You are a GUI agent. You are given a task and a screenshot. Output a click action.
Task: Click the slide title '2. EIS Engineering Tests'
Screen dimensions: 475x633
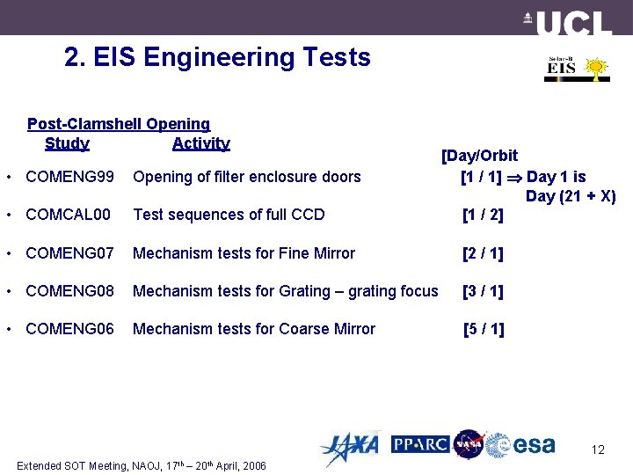[217, 58]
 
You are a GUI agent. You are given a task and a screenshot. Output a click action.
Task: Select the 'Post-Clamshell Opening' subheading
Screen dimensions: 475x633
[119, 125]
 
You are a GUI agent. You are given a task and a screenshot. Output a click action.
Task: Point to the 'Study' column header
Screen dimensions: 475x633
[67, 143]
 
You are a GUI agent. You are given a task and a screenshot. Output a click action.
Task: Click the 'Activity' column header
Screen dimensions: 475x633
[201, 143]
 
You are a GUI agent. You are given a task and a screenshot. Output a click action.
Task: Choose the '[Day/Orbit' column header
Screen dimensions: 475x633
[479, 156]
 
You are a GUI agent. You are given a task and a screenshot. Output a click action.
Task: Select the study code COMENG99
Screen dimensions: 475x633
[70, 177]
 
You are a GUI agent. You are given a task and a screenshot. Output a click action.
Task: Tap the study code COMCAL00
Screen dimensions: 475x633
[69, 215]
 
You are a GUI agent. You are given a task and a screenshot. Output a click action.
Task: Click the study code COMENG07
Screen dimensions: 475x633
[70, 253]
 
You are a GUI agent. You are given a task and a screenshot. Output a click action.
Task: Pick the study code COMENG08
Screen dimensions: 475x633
[70, 291]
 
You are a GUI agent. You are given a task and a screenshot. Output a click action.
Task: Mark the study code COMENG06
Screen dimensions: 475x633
[70, 329]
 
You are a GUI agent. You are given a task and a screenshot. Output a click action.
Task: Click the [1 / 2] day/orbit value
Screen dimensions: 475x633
[483, 215]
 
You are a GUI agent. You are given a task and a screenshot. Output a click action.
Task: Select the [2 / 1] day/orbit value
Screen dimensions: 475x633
[483, 253]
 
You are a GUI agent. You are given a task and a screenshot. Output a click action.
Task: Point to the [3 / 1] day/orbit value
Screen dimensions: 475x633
[483, 291]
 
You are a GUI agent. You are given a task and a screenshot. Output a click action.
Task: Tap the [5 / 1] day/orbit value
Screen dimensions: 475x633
[484, 329]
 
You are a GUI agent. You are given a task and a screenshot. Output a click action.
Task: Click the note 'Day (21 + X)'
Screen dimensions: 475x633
[571, 196]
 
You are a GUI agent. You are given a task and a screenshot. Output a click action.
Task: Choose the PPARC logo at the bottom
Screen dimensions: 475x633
[420, 444]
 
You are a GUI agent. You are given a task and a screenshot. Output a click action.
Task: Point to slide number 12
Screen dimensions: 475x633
[598, 450]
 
